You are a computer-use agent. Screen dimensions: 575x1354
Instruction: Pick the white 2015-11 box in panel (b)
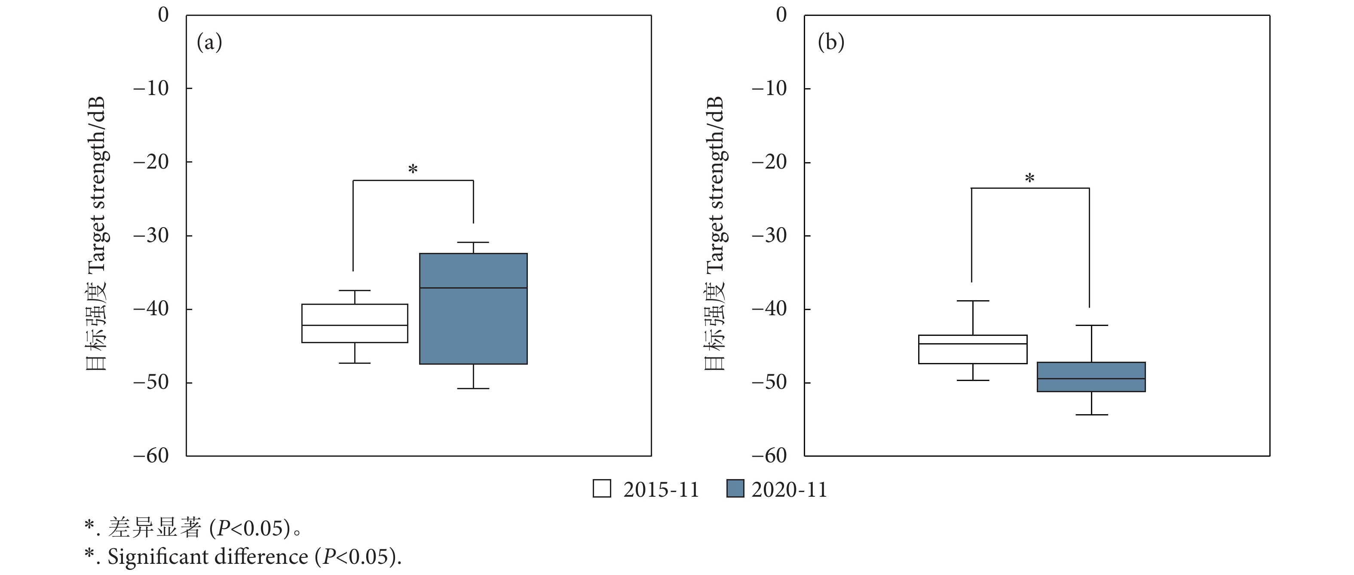(972, 354)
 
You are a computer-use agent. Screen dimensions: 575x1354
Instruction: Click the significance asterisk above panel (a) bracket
(413, 169)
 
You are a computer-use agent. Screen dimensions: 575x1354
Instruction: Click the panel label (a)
(209, 42)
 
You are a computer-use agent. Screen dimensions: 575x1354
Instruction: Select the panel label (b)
(830, 42)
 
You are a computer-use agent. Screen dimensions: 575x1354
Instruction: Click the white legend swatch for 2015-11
(602, 489)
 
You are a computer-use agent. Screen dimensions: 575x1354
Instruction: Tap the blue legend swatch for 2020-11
(735, 489)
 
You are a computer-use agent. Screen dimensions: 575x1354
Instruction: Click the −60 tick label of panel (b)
(769, 455)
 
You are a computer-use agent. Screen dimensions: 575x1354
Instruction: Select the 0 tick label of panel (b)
(781, 15)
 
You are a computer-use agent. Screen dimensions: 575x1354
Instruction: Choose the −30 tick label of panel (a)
(151, 235)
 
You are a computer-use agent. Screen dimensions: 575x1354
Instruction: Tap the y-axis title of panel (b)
(714, 234)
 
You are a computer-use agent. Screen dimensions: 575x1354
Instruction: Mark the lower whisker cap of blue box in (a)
(473, 388)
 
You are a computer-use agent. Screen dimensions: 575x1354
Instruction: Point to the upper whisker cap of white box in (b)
(972, 301)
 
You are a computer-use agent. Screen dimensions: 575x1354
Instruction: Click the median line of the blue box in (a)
(473, 288)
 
